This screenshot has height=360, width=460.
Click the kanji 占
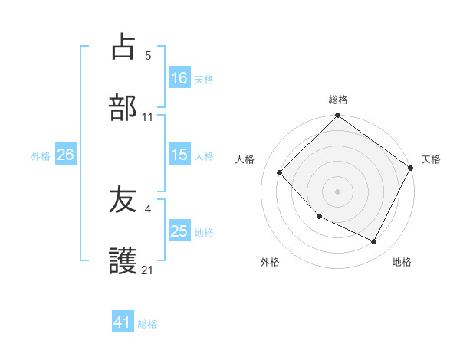click(123, 47)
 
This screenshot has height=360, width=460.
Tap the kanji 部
click(123, 108)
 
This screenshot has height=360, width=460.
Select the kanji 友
click(123, 201)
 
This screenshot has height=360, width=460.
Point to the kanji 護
click(123, 261)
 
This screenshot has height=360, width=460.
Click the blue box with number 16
click(179, 77)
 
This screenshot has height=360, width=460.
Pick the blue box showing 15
click(179, 155)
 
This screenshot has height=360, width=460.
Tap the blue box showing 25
click(179, 231)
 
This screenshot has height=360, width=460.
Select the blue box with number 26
click(65, 155)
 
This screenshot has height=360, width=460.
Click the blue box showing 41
click(123, 322)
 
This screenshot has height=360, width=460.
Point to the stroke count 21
click(148, 270)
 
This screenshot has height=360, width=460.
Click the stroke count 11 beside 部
click(148, 117)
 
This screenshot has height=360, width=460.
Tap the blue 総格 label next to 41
click(147, 324)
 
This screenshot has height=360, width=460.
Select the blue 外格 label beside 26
click(41, 156)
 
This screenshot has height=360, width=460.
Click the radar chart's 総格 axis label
click(338, 100)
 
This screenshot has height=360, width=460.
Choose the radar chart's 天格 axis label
click(432, 159)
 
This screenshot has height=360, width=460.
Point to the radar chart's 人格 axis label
click(245, 159)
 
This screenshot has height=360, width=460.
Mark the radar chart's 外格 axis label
click(270, 262)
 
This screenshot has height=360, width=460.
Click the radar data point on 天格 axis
click(411, 168)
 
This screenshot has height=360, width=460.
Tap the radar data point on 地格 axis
click(374, 241)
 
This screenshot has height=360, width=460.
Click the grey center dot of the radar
click(338, 191)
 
